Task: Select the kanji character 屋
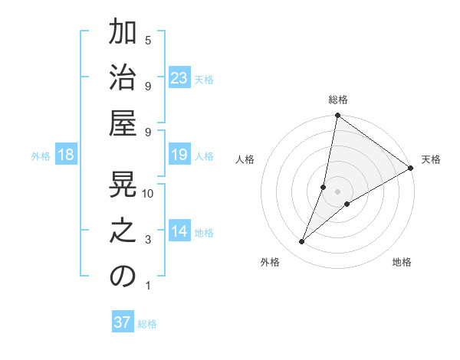coord(123,123)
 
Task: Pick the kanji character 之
coord(123,231)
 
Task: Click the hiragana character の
coord(123,277)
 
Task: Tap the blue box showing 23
coord(179,78)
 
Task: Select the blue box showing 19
coord(179,155)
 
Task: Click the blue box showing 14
coord(179,231)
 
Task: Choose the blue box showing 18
coord(66,155)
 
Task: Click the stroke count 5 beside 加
coord(148,40)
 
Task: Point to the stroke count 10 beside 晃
coord(148,193)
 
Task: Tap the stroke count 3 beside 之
coord(148,240)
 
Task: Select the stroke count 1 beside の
coord(148,286)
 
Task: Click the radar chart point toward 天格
coord(410,169)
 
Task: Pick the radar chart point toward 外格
coord(302,242)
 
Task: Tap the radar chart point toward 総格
coord(337,116)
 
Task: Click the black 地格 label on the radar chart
coord(402,262)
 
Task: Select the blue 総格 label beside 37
coord(147,324)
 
